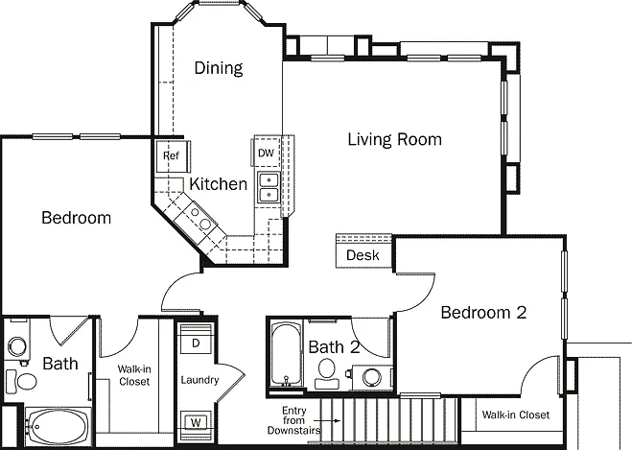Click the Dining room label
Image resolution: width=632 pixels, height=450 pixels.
tap(219, 68)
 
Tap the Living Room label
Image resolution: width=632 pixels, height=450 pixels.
tap(394, 139)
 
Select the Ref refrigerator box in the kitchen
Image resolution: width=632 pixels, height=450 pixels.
tap(173, 156)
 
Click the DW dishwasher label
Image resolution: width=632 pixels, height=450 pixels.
tap(266, 153)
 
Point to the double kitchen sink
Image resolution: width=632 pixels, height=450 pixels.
tap(269, 187)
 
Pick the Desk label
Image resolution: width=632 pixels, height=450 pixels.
tap(363, 255)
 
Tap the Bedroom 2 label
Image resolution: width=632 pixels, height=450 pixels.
tap(483, 313)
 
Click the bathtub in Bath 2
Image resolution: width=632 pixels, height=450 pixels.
tap(286, 353)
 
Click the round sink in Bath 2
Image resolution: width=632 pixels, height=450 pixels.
tap(371, 377)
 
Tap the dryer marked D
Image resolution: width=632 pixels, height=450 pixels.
tap(196, 343)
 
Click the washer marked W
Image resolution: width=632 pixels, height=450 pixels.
tap(196, 422)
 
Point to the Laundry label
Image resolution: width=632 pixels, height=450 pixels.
tap(199, 380)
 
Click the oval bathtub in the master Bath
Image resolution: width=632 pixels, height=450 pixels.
tap(58, 427)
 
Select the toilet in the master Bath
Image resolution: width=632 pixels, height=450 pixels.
tap(21, 381)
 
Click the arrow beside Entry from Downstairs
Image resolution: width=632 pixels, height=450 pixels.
tap(331, 420)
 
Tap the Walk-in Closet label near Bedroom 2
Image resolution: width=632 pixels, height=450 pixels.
tap(516, 414)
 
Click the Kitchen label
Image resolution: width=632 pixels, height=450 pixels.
tap(218, 184)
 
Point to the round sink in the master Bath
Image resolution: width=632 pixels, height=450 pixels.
tap(17, 346)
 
